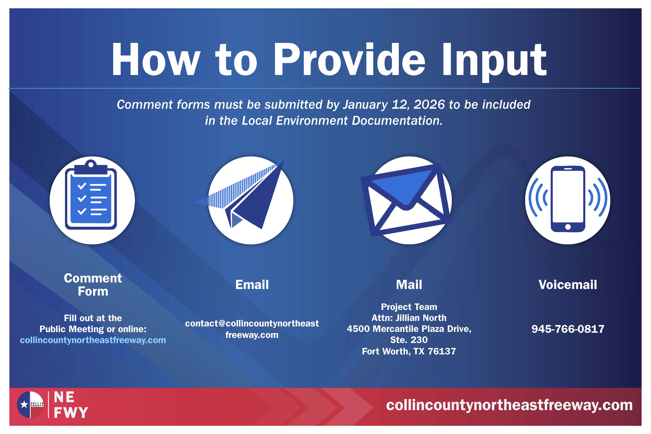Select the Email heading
[x=252, y=285]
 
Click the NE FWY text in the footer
[x=71, y=405]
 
